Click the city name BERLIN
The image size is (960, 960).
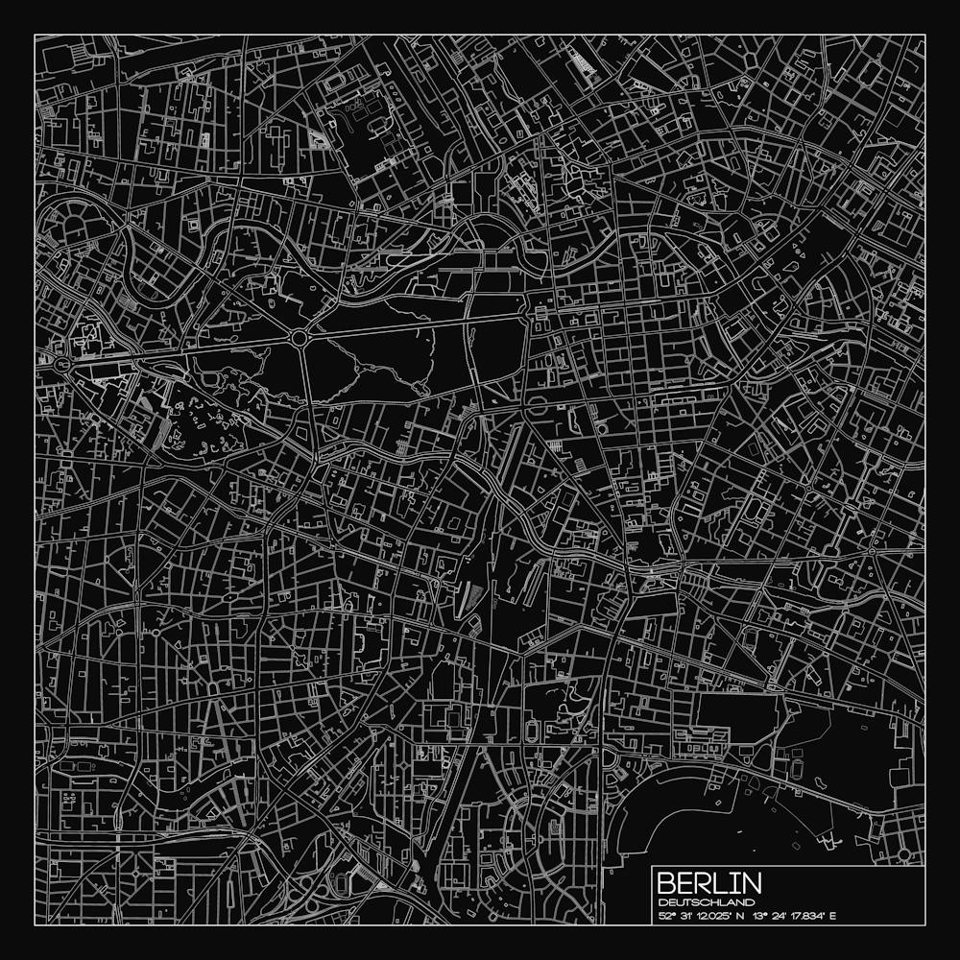[709, 884]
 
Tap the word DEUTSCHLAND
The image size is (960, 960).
[700, 902]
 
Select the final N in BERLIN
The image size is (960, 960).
[752, 884]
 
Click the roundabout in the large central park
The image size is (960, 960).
[300, 338]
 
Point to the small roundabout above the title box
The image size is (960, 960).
[903, 852]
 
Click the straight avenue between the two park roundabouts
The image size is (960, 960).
[182, 350]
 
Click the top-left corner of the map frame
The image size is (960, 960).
[36, 36]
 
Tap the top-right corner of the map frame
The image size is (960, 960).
[924, 36]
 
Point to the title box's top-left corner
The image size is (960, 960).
[653, 866]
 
